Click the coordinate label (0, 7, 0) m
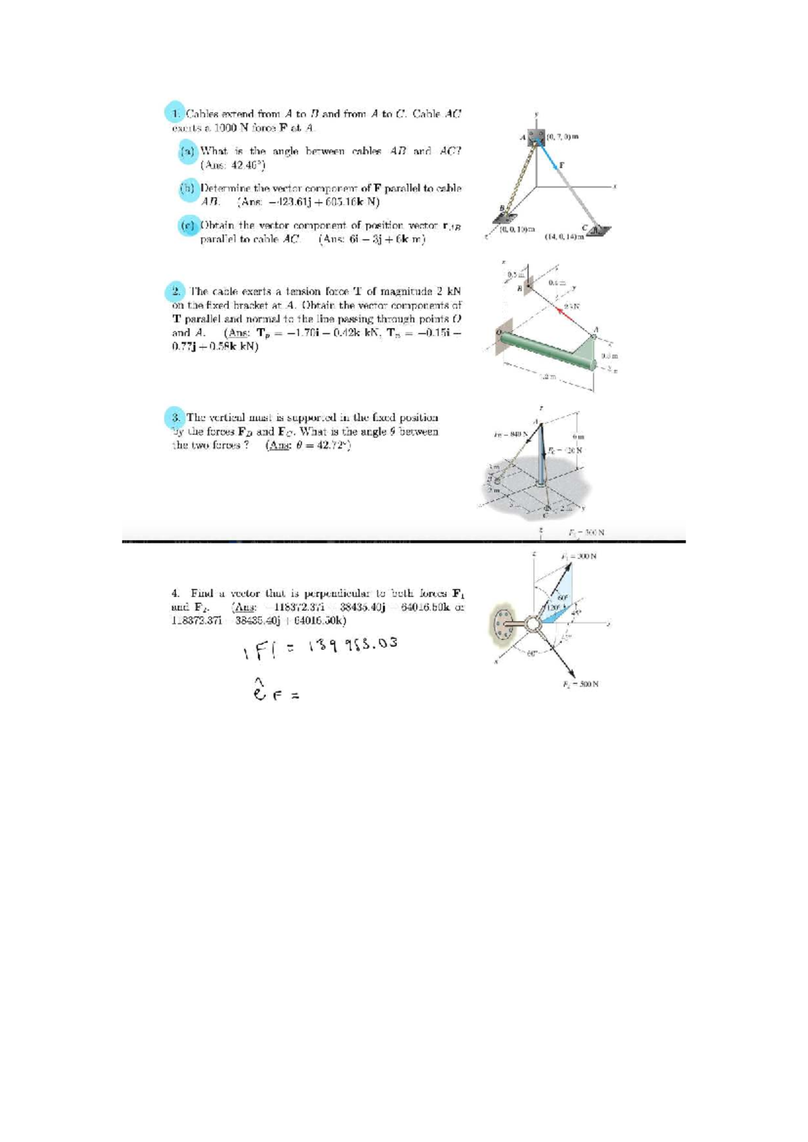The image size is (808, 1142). pos(563,137)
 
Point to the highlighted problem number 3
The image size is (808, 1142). pos(174,417)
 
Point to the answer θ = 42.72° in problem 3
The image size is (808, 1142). pos(308,446)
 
